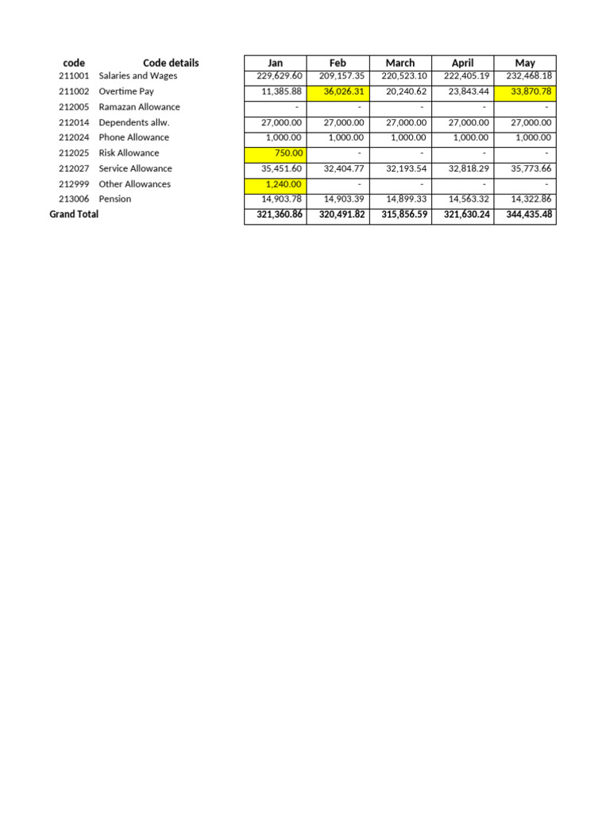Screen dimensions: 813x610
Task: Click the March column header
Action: coord(400,63)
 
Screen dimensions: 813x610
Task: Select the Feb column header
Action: coord(338,63)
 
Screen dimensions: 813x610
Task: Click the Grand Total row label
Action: coord(74,214)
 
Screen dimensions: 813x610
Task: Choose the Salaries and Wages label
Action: coord(138,76)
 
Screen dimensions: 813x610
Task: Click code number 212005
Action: coord(74,106)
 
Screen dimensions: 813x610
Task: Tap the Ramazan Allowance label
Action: coord(139,106)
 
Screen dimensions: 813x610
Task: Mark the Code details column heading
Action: coord(171,63)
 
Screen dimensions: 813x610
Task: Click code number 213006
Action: coord(74,198)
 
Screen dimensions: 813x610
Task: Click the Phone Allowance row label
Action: coord(133,137)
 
